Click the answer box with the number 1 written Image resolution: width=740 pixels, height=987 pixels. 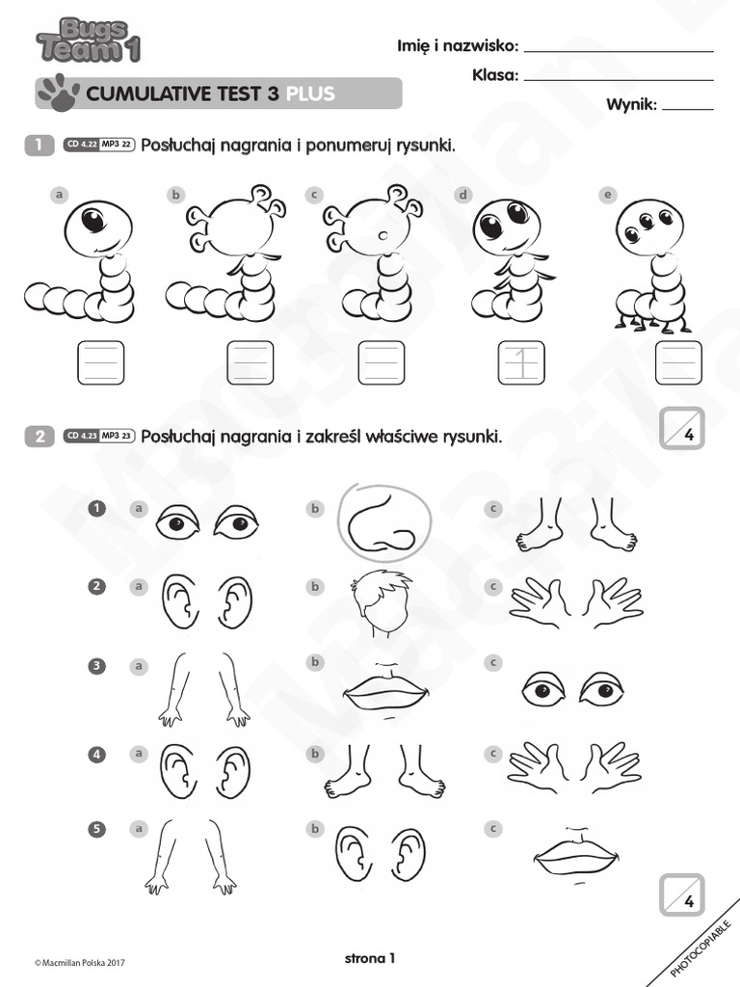(521, 363)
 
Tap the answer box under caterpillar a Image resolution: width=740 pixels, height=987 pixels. (100, 363)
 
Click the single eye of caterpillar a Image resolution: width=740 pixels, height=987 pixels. (92, 221)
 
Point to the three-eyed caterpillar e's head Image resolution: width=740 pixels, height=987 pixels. (648, 227)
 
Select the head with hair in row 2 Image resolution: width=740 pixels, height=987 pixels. (381, 603)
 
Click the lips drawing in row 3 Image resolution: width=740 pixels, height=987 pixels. (384, 686)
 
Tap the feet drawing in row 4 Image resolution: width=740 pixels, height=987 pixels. (384, 770)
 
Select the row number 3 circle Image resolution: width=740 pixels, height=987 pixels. (96, 665)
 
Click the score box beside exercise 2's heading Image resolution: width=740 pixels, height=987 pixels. (682, 429)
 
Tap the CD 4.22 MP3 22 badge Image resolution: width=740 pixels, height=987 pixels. (98, 146)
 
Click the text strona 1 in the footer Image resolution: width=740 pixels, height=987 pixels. (370, 958)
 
